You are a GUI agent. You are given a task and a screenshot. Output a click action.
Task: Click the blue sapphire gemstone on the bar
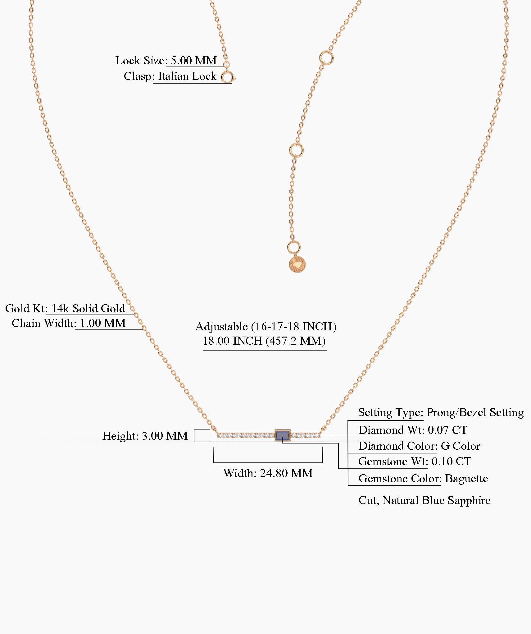[x=283, y=435]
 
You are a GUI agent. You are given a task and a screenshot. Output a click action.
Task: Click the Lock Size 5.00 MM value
[x=194, y=61]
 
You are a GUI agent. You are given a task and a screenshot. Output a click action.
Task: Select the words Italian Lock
[x=187, y=76]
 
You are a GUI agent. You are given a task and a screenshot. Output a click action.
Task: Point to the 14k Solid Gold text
[x=88, y=309]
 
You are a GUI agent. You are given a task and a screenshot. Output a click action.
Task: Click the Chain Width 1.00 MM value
[x=103, y=323]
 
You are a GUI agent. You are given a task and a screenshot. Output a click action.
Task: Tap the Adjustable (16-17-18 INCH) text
[x=266, y=327]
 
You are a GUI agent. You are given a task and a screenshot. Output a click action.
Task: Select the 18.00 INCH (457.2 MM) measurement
[x=264, y=341]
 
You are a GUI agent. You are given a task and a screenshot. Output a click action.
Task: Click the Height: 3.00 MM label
[x=145, y=436]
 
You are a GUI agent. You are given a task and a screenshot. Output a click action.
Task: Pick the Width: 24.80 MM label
[x=268, y=473]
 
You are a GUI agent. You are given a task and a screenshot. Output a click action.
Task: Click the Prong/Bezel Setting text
[x=475, y=412]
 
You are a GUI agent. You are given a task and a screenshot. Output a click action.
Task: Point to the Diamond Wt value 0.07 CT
[x=447, y=430]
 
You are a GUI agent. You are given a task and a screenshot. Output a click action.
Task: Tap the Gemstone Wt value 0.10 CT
[x=451, y=462]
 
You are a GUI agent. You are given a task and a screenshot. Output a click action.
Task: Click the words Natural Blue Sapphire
[x=436, y=500]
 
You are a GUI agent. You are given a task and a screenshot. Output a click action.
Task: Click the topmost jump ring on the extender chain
[x=326, y=58]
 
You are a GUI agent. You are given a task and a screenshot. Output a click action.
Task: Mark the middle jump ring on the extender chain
[x=296, y=150]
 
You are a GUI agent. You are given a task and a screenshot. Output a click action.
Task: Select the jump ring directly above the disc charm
[x=294, y=247]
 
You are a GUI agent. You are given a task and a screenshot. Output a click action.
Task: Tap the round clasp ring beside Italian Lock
[x=228, y=77]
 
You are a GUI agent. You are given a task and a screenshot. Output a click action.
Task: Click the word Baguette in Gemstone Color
[x=466, y=479]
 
